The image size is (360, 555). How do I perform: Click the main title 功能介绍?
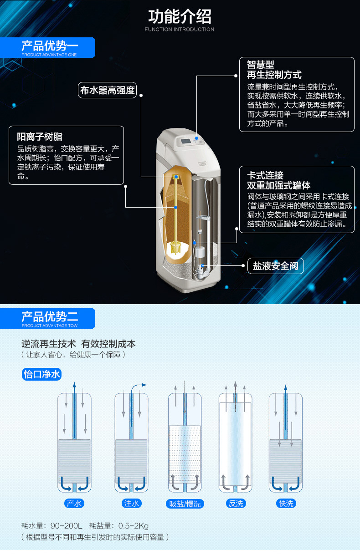coord(180,16)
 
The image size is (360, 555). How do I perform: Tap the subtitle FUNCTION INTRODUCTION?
coord(180,30)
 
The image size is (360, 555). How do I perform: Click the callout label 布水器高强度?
coord(108,91)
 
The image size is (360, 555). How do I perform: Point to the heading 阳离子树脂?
coord(40,137)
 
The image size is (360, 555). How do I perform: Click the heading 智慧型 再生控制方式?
coord(274,70)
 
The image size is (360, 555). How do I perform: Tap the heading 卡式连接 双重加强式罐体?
coord(278,180)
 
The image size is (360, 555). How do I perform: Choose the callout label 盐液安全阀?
coord(275,266)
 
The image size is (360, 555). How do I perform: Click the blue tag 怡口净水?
coord(41,374)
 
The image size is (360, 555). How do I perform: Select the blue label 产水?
coord(74,503)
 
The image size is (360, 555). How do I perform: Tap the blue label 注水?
coord(131,503)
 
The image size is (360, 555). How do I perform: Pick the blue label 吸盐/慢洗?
coord(185,504)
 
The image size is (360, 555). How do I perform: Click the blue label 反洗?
coord(236,504)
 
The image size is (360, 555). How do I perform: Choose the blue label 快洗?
coord(286,503)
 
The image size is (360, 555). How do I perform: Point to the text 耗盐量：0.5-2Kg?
coord(119,526)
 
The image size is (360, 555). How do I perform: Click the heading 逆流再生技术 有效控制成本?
coord(78,344)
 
